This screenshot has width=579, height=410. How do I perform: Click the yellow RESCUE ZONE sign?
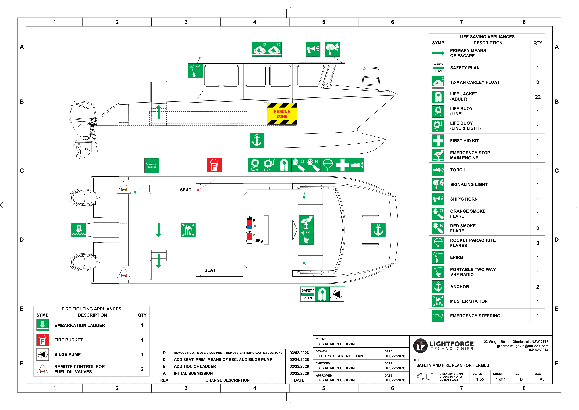pos(282,114)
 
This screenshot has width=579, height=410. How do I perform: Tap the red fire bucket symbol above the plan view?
pos(214,165)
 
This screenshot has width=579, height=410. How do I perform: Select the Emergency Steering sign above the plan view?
pos(152,166)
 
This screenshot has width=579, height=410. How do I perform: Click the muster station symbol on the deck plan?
pos(188,230)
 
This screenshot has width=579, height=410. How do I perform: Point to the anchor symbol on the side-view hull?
pos(257,140)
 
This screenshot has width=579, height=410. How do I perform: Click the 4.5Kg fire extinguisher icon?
pos(249,238)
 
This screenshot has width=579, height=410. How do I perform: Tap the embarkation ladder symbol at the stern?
pos(79,230)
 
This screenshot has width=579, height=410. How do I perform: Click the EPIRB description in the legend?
pos(457,257)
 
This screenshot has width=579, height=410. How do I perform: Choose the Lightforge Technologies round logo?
pos(420,346)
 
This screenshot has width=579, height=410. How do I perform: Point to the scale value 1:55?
pos(480,379)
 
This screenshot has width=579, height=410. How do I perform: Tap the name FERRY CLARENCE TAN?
pos(341,356)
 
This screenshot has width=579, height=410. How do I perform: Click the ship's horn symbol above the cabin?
pos(313,49)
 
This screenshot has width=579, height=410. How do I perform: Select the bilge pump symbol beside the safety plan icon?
pos(337,294)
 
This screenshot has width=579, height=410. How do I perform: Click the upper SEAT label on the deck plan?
pos(186,190)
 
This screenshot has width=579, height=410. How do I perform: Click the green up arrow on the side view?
pos(159,112)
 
